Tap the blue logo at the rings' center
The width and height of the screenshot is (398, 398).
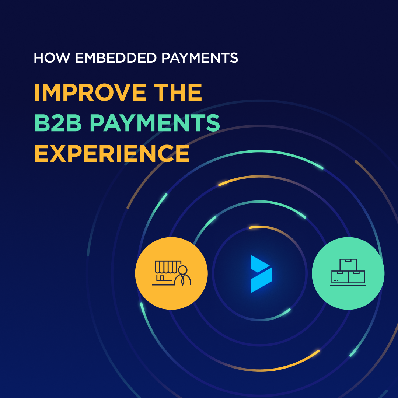tap(261, 274)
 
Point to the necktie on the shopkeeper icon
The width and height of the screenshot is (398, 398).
tap(182, 281)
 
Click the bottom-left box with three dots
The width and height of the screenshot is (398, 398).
tap(339, 277)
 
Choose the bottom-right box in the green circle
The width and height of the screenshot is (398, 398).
tap(357, 277)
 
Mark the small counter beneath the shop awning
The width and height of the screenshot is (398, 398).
tap(162, 278)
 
